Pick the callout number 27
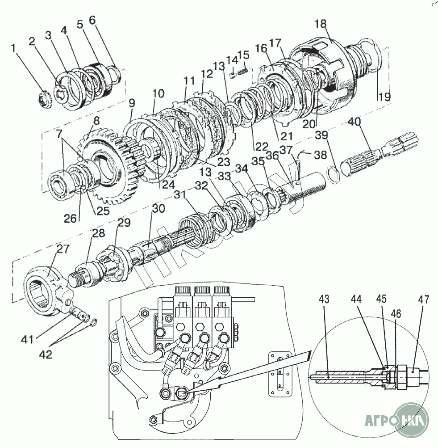click(x=63, y=249)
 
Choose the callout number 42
click(x=46, y=354)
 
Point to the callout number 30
click(x=158, y=209)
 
